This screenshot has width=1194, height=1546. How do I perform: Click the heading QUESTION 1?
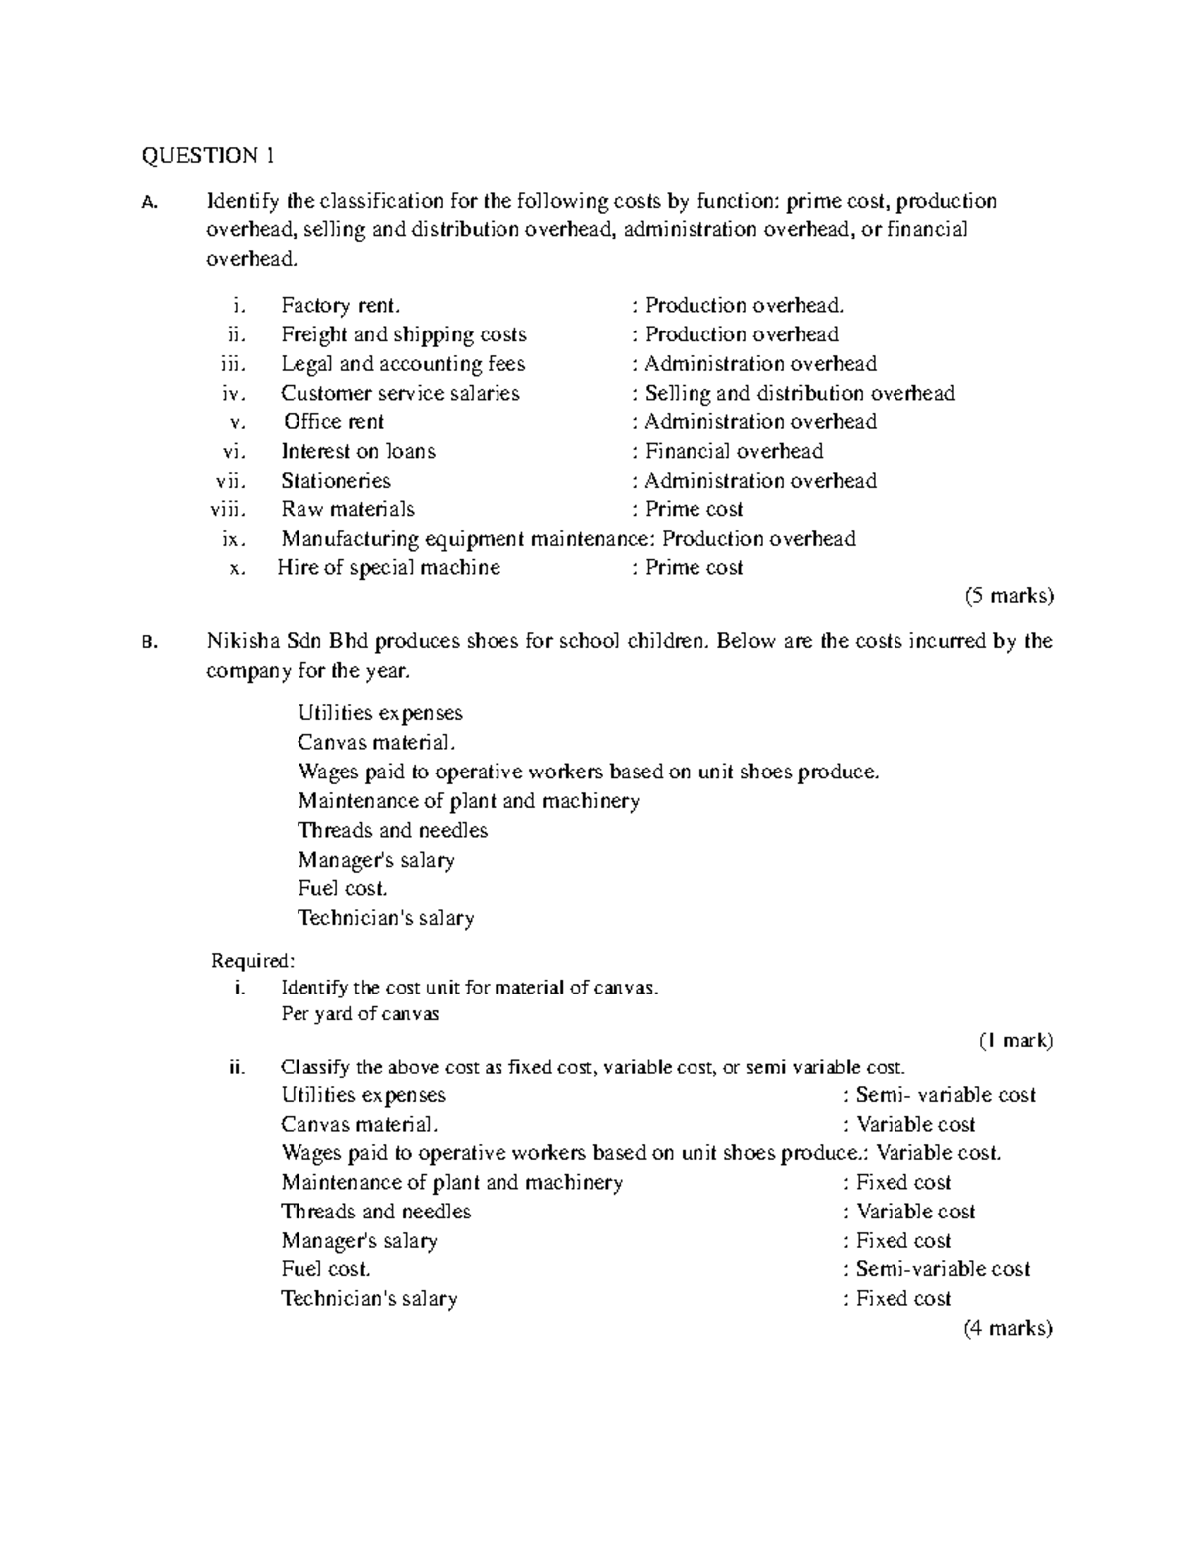click(207, 155)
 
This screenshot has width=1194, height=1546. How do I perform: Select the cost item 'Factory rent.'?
click(340, 306)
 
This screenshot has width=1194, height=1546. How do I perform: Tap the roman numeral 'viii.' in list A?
click(228, 510)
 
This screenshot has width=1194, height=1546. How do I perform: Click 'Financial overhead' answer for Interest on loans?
click(733, 451)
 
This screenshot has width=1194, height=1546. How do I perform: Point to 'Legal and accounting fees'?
click(403, 364)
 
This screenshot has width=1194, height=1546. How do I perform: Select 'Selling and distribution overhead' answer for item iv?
click(799, 393)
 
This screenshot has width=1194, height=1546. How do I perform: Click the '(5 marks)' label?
click(1008, 596)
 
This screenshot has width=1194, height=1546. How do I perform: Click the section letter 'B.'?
click(150, 642)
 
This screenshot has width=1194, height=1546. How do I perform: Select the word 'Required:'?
click(253, 961)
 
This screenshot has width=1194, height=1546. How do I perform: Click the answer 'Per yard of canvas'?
click(360, 1014)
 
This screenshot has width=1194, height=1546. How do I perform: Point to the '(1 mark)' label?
click(1015, 1041)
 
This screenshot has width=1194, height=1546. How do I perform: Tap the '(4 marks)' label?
click(1008, 1328)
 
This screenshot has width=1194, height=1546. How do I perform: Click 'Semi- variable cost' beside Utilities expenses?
click(944, 1095)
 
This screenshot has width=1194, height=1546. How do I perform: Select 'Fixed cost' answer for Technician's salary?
click(902, 1299)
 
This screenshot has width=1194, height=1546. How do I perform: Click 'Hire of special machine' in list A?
click(389, 568)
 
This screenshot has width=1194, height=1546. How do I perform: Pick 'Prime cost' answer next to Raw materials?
click(694, 510)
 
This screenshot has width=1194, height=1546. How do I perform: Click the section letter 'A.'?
click(150, 203)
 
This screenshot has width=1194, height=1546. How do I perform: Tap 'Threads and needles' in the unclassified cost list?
click(392, 830)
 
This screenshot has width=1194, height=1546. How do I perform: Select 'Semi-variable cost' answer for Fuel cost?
click(941, 1269)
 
